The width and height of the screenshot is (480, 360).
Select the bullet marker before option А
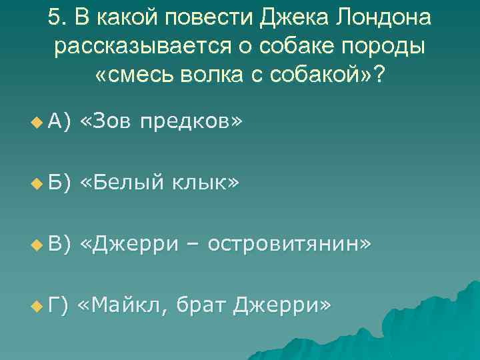point(35,123)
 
